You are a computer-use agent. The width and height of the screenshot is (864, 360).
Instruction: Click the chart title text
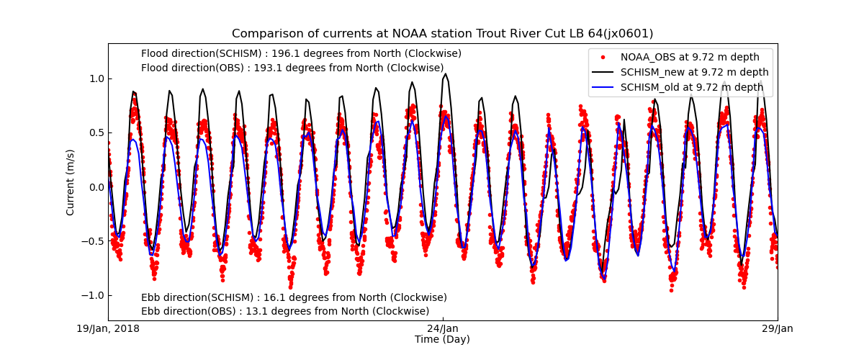tap(442, 34)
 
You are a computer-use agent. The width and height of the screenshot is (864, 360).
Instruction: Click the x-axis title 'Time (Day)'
tap(442, 340)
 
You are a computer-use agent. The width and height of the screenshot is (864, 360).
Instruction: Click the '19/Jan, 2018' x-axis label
tap(108, 329)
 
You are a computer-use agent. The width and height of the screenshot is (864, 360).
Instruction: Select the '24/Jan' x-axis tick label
tap(443, 329)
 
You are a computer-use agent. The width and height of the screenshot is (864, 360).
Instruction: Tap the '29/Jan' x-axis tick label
tap(778, 329)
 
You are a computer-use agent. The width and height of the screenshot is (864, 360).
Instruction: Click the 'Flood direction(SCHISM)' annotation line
tap(301, 53)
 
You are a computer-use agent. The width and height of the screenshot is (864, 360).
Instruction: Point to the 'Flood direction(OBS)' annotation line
tap(292, 68)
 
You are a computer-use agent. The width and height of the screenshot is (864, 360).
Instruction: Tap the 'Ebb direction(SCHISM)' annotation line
tap(294, 297)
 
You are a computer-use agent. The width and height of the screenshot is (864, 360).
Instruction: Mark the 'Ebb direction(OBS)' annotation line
tap(285, 312)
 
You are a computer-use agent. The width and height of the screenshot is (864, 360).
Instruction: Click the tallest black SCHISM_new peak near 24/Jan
tap(446, 74)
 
